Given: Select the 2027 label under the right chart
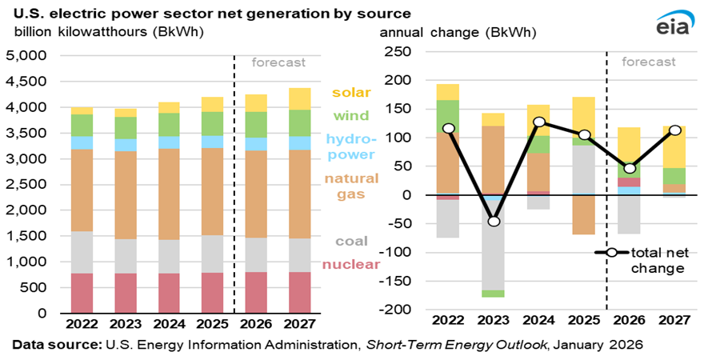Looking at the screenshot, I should point(674,320).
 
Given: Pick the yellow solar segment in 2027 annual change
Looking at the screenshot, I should point(674,146).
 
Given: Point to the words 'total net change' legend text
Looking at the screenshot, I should point(658,260).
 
